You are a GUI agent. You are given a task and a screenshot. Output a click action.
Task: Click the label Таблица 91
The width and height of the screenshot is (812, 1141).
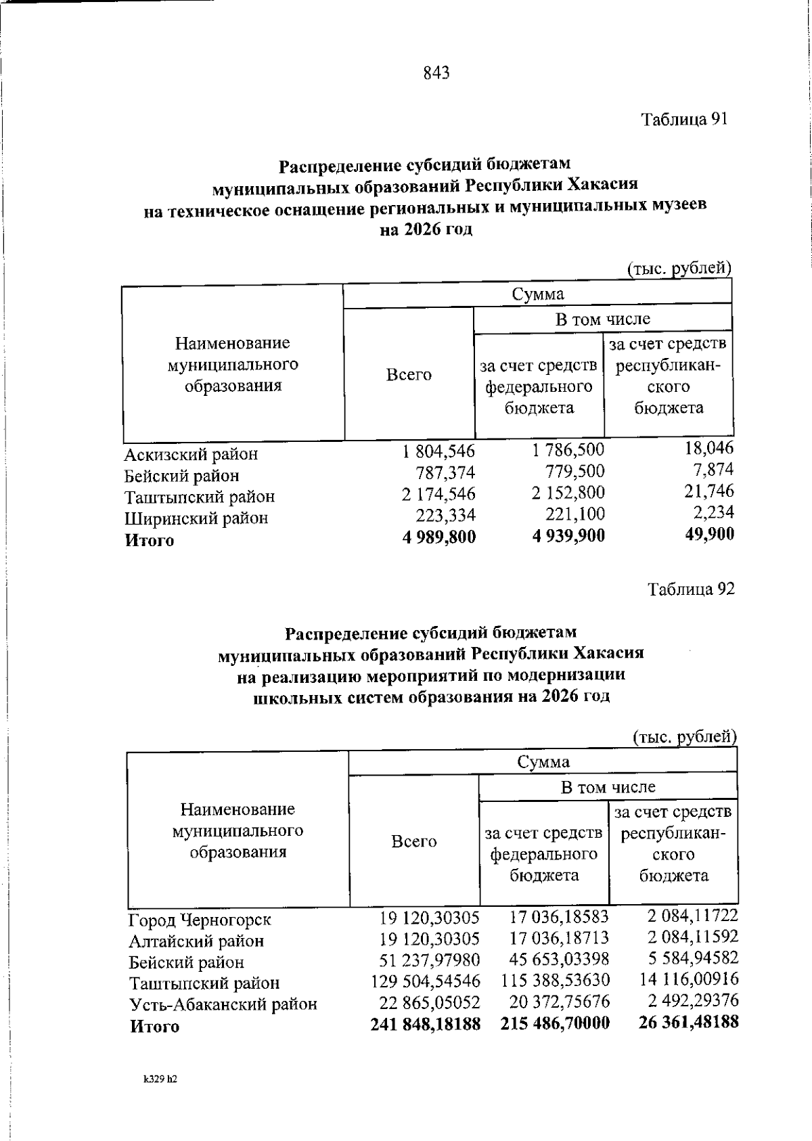point(684,120)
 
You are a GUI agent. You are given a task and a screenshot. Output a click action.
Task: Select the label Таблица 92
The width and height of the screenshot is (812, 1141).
point(691,589)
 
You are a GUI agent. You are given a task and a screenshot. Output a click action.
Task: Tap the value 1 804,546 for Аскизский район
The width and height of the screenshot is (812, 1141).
point(438,451)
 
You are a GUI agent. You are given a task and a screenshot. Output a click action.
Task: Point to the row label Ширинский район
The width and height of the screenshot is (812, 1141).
point(196,518)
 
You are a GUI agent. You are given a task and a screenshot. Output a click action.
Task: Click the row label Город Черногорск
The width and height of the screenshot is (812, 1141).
point(200,920)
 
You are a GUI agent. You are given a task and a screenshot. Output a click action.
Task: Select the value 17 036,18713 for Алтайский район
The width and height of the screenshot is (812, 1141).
point(559,938)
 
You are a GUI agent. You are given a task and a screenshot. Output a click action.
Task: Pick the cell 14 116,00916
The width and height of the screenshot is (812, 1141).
point(689,979)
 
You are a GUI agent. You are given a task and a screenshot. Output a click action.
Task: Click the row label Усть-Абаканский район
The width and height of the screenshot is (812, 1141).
point(223,1004)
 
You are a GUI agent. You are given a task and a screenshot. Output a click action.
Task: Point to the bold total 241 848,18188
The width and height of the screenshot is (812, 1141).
point(426,1024)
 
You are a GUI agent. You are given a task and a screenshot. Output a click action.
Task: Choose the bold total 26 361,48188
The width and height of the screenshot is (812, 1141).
point(688,1021)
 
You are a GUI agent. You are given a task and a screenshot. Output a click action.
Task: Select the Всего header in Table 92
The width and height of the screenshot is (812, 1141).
point(413,841)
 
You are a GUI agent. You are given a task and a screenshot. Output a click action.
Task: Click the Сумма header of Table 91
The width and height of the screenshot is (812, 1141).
point(537,294)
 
